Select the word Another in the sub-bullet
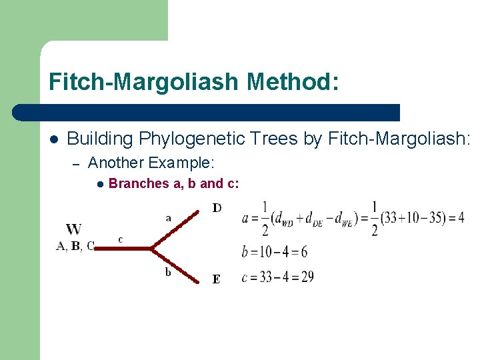coord(116,163)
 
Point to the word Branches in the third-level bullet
coord(138,183)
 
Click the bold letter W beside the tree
coord(74,229)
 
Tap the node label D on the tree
coord(217,208)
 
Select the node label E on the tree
coord(216,279)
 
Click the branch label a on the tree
coord(168,217)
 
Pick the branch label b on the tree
coord(168,271)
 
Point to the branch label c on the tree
coord(120,239)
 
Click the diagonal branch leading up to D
coord(177,230)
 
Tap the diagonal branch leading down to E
coord(177,265)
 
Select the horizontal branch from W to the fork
coord(123,248)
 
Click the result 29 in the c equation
coord(307,277)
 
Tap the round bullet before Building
coord(54,139)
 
